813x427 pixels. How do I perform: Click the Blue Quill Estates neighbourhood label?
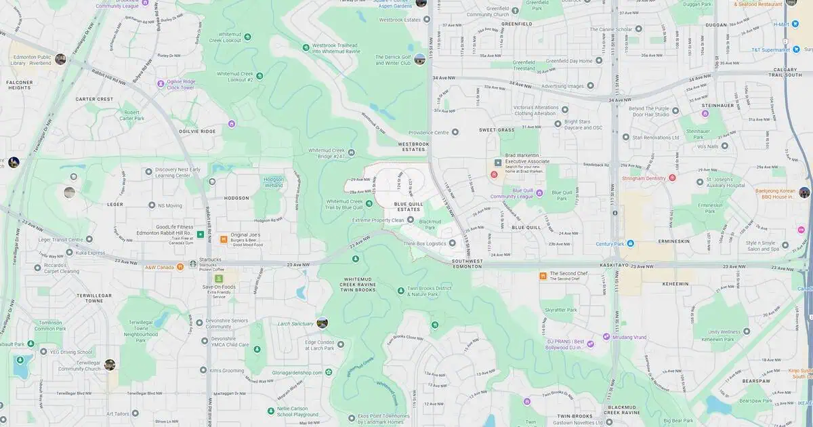407,206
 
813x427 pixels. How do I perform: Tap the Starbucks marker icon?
192,264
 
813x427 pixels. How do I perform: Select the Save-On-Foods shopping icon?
219,279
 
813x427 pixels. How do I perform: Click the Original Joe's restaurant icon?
223,239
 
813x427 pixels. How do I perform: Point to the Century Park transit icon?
630,243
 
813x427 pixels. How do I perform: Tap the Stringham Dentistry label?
644,178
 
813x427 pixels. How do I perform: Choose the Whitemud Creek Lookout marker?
247,37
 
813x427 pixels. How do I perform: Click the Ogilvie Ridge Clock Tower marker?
161,83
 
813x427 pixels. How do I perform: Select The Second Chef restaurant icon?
543,276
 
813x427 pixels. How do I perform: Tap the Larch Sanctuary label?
295,324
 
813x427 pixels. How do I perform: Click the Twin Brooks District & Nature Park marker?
400,291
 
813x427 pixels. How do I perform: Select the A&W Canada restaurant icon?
180,266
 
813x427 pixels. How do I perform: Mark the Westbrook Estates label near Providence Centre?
413,146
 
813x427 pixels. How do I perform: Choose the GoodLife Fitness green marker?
201,235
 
